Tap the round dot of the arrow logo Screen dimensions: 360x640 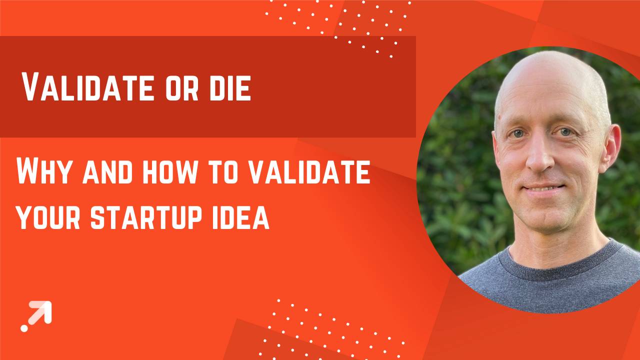tap(24, 328)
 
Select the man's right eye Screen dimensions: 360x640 tap(518, 133)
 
